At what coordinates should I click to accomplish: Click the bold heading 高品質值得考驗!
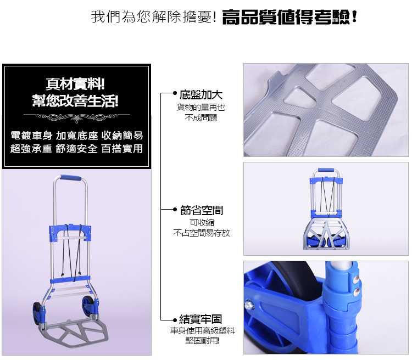[x=289, y=17]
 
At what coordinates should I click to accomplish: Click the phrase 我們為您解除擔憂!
[x=154, y=17]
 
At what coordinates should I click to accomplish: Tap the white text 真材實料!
[x=75, y=84]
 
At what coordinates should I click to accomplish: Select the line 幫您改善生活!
[x=75, y=100]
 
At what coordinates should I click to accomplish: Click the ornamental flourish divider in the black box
[x=76, y=117]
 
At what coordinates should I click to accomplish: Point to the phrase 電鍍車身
[x=31, y=136]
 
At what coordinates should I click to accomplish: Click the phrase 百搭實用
[x=122, y=149]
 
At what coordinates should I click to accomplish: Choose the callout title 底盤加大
[x=201, y=95]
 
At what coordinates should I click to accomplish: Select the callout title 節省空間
[x=202, y=210]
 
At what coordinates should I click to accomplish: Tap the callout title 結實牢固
[x=201, y=319]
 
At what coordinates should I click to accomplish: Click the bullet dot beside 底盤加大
[x=175, y=93]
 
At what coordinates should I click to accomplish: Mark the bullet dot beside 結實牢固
[x=175, y=320]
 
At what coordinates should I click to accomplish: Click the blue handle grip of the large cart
[x=71, y=178]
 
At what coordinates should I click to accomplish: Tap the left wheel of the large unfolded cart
[x=37, y=313]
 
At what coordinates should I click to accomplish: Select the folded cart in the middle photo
[x=326, y=209]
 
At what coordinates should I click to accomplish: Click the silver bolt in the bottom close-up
[x=248, y=305]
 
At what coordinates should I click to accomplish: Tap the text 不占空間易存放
[x=202, y=233]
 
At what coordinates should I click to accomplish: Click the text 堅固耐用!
[x=202, y=341]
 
